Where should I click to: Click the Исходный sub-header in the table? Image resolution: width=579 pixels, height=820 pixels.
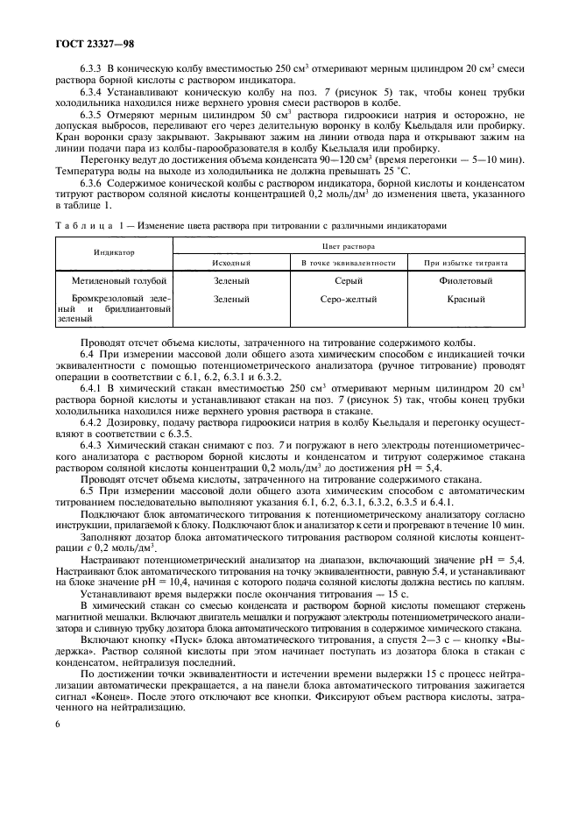[x=231, y=262]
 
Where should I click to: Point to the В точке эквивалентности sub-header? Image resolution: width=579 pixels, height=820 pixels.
[x=349, y=262]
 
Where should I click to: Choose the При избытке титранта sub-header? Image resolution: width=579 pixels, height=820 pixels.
[x=465, y=262]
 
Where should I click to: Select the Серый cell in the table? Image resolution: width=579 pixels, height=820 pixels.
[x=349, y=280]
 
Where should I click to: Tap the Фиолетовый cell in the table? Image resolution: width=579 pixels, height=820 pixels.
[x=465, y=280]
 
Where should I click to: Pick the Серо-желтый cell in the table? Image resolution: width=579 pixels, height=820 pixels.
[x=349, y=299]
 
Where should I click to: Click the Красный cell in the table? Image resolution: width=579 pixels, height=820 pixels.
[x=465, y=299]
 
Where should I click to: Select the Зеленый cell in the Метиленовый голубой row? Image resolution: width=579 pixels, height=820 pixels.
[x=231, y=280]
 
